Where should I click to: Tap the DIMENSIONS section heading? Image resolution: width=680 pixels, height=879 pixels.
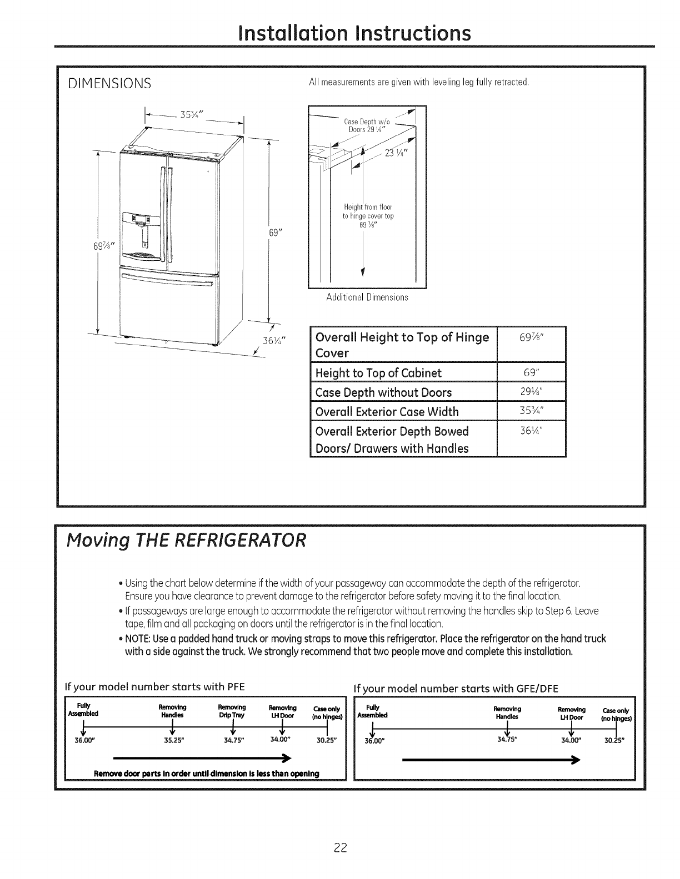(x=109, y=84)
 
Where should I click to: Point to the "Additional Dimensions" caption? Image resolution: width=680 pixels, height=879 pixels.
(x=367, y=297)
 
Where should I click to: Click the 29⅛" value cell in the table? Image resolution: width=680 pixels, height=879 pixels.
(x=531, y=392)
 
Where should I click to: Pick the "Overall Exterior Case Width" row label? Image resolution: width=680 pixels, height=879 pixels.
(x=387, y=412)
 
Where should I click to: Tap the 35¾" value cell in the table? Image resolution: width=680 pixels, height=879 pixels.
(x=531, y=411)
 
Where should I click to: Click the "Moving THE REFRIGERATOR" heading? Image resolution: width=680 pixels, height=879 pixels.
(x=186, y=540)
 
